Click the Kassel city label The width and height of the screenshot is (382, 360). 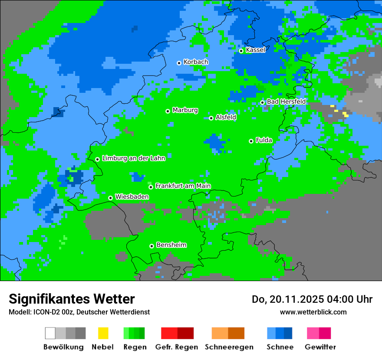255,50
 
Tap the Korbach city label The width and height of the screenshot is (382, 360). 196,62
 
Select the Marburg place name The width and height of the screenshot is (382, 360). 185,110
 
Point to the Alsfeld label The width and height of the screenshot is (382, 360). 226,117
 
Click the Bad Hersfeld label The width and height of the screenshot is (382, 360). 286,101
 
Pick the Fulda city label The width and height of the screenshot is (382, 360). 264,140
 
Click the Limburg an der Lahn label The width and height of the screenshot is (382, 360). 133,158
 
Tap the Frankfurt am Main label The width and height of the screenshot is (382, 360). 183,186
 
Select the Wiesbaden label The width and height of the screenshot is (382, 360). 132,197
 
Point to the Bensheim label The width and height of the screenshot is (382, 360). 171,245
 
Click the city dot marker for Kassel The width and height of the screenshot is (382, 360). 241,51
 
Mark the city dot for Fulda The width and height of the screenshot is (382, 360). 251,141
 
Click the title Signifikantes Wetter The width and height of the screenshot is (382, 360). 72,299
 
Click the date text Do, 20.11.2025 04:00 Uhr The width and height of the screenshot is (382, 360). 312,299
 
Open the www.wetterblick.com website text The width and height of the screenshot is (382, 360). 313,312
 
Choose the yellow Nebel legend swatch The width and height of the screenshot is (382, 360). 103,333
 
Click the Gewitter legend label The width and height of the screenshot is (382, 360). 320,347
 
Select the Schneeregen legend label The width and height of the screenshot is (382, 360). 229,347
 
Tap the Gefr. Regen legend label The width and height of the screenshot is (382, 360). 177,347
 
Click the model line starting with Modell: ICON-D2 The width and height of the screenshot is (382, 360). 79,312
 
